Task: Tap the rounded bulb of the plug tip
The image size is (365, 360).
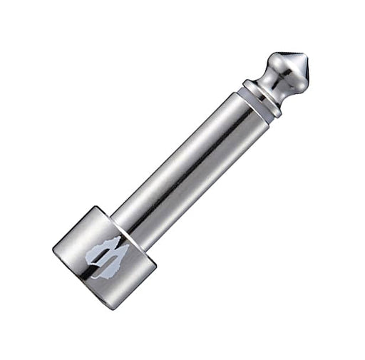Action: [x=282, y=71]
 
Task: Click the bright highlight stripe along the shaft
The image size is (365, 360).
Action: [x=182, y=153]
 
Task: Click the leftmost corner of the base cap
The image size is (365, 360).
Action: [x=53, y=247]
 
